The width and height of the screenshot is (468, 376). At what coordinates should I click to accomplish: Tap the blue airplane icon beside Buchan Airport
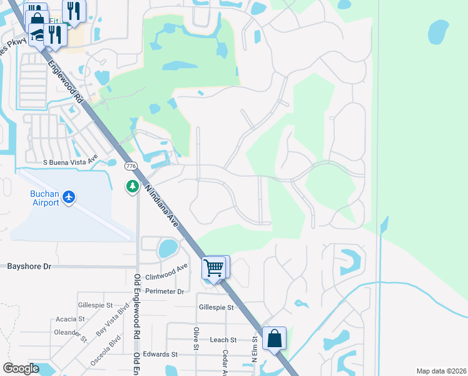point(69,198)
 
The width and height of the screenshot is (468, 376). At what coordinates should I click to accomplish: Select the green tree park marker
point(132,186)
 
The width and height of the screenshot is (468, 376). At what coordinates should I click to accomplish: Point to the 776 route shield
point(131,166)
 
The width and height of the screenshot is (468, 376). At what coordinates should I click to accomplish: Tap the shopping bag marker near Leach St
point(275,338)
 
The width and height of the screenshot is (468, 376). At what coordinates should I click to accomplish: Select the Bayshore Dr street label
point(29,266)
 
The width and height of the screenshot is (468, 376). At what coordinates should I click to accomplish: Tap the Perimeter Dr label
point(165,291)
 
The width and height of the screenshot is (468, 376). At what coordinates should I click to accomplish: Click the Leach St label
point(223,340)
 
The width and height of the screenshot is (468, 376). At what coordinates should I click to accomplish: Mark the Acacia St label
point(70,318)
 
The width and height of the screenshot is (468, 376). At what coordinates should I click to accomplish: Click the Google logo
point(21,368)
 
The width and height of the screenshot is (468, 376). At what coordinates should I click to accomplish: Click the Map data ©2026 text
point(440,371)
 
